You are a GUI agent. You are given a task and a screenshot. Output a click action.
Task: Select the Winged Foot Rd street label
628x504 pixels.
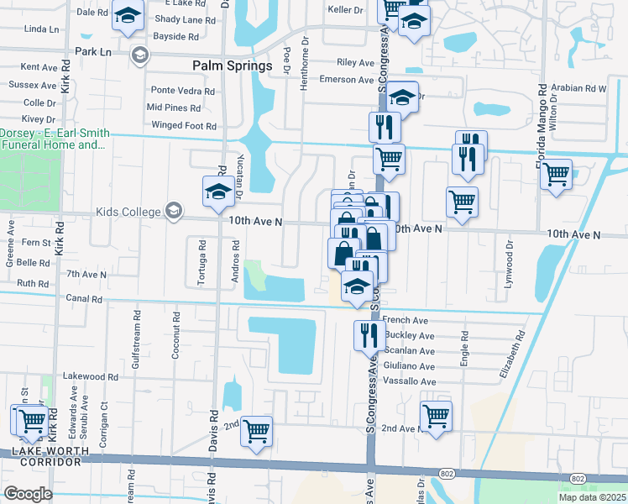184,126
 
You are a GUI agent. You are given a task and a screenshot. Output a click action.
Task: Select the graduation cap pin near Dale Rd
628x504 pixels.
128,16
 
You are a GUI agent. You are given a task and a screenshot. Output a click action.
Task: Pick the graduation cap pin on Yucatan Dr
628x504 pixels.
218,192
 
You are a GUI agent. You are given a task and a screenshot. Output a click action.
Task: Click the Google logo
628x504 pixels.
28,493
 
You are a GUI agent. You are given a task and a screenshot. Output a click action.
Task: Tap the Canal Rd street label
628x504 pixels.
85,298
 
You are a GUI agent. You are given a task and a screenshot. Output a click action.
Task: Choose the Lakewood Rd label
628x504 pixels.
90,377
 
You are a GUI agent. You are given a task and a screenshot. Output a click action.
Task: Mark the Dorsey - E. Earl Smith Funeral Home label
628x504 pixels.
52,139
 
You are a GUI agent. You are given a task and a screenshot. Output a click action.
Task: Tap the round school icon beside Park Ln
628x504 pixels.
140,55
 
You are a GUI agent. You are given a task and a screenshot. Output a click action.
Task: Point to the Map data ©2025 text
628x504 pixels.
592,497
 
